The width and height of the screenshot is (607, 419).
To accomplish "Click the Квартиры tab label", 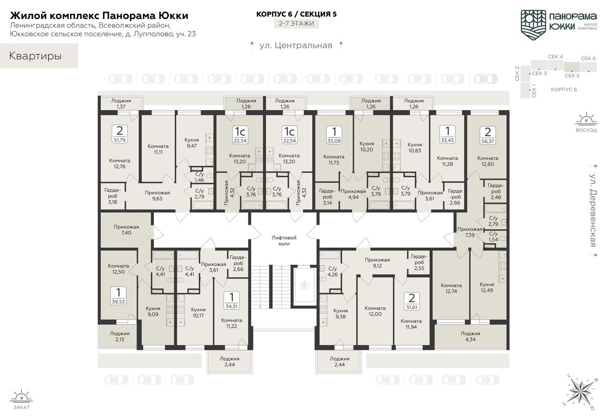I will (35, 56).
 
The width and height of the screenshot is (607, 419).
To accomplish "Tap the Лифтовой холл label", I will (284, 240).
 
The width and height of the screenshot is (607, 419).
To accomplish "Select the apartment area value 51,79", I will (120, 140).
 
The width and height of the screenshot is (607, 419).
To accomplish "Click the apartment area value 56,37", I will (487, 140).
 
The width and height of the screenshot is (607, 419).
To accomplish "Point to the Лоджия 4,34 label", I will (470, 336).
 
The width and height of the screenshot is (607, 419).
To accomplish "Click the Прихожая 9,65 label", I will (157, 195).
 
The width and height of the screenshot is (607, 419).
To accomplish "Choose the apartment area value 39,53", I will (118, 301).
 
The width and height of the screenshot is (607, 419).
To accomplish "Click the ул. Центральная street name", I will (295, 46).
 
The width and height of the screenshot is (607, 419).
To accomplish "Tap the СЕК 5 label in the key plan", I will (572, 75).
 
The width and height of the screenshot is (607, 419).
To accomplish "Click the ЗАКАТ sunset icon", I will (21, 397).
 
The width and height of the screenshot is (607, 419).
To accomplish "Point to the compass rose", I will (580, 392).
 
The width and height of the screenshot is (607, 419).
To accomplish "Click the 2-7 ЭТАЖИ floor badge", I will (296, 23).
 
